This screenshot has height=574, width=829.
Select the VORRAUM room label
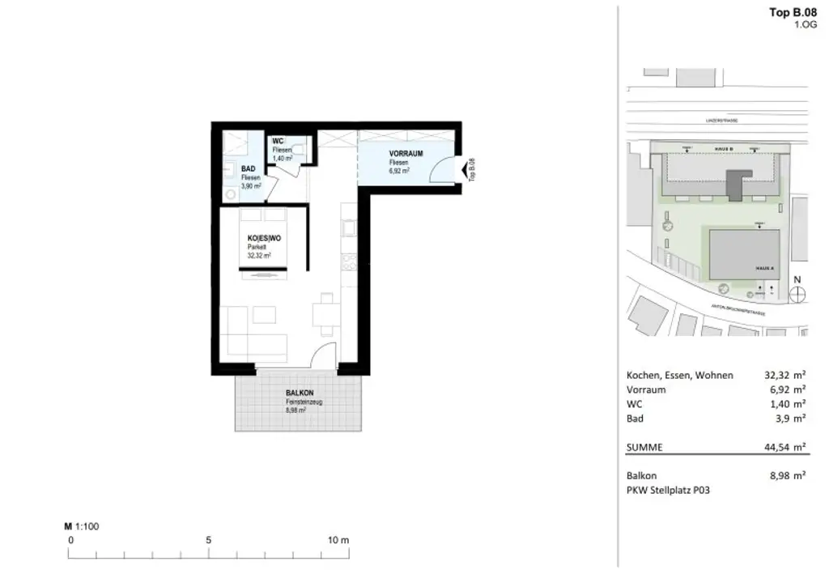tap(403, 153)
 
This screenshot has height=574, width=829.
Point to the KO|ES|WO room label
tap(264, 238)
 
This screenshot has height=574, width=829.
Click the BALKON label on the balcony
tap(299, 392)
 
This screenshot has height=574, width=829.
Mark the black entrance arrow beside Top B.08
tap(463, 171)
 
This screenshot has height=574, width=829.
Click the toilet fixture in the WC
tap(300, 149)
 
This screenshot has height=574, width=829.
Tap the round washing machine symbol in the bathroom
tap(230, 194)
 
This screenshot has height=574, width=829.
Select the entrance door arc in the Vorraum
tap(441, 169)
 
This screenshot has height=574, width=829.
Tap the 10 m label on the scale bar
tap(338, 540)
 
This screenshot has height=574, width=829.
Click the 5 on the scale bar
tap(209, 540)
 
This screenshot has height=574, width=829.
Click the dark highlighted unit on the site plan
tap(734, 185)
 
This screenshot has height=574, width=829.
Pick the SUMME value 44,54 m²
tap(784, 445)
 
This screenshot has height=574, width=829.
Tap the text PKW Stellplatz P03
tap(668, 491)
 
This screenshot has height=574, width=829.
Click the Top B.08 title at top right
tap(792, 12)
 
